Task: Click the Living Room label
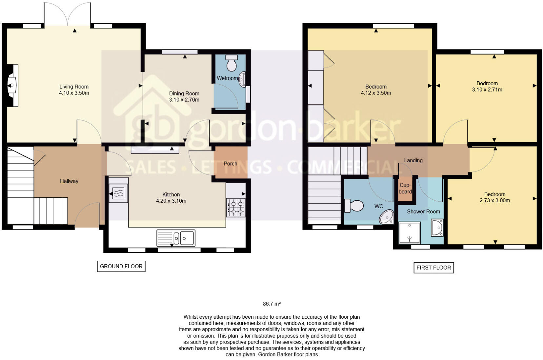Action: click(x=74, y=87)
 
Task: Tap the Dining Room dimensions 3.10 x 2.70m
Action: click(x=184, y=100)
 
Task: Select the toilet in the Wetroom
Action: click(x=231, y=63)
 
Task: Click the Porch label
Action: click(x=230, y=163)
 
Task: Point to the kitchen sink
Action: click(x=176, y=238)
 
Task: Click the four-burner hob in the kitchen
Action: click(x=236, y=208)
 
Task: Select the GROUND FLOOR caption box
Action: click(x=121, y=266)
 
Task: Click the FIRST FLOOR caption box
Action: click(x=433, y=268)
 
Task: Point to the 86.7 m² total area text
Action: click(x=271, y=304)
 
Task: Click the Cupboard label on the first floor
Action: click(x=405, y=189)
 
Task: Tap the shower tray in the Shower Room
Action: click(x=409, y=233)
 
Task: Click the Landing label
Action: click(x=413, y=160)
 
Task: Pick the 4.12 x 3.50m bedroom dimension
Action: click(x=376, y=93)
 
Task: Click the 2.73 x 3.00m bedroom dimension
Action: click(x=494, y=200)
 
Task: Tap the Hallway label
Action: click(x=69, y=181)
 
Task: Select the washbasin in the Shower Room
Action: click(x=437, y=228)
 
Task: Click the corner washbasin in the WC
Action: click(x=387, y=217)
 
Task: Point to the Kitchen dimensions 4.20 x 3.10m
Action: click(x=171, y=201)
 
